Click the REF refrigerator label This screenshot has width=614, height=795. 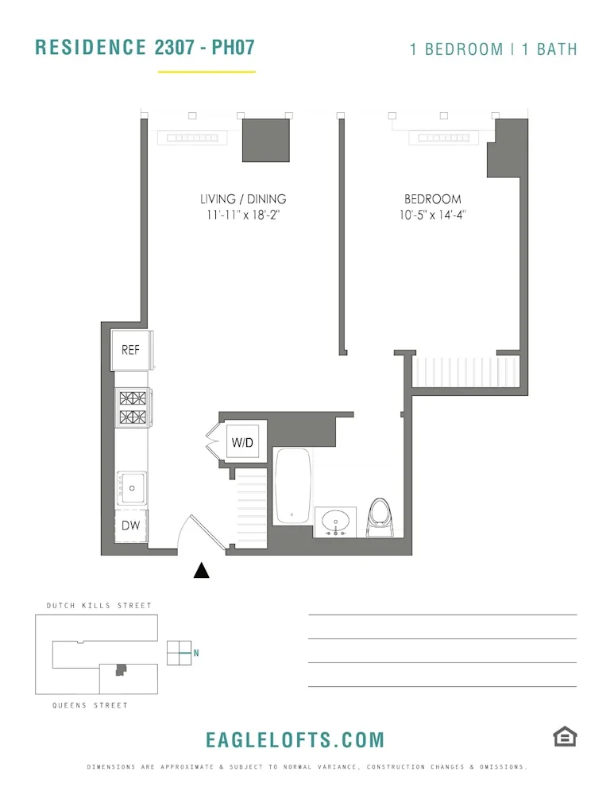coord(130,350)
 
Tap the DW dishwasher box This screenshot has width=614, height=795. coord(130,525)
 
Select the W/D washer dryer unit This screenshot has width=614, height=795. coord(242,442)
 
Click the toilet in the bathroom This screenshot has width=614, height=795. coord(381,518)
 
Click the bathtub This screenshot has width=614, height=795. coord(293,486)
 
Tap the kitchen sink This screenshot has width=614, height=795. coord(132,487)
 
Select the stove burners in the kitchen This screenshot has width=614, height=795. coord(133,407)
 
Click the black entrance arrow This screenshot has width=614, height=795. coord(202,570)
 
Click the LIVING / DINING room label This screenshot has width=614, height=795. coord(243,199)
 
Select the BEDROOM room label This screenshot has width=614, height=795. coord(432,199)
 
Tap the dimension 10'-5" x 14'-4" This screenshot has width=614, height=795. coord(432,215)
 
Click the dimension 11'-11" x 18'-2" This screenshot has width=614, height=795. coord(243,215)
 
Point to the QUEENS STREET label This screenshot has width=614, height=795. coord(90,705)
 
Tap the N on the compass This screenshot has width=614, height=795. coord(196,653)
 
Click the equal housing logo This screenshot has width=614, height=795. coord(565,737)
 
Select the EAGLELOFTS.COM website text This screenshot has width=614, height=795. coord(295,740)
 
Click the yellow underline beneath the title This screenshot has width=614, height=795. coord(207,72)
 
